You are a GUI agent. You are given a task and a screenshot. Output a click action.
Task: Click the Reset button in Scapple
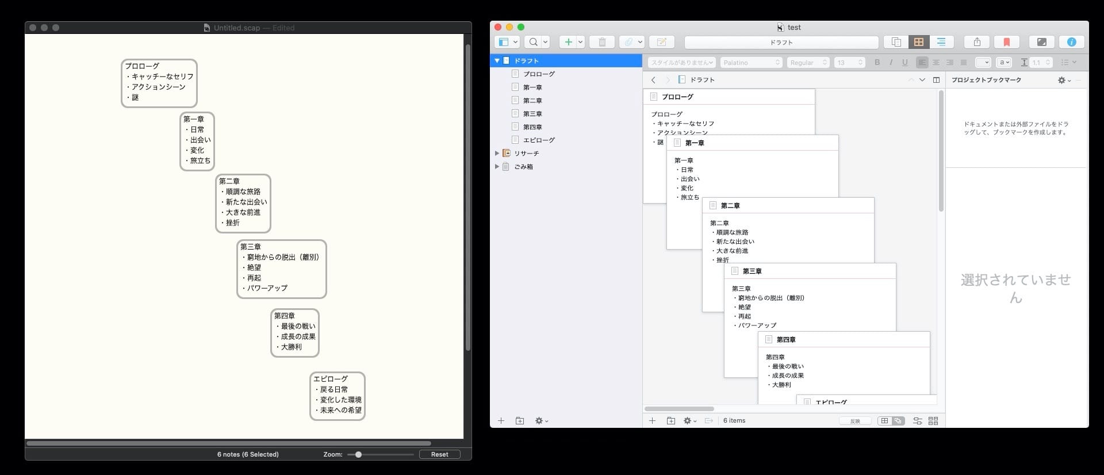pos(439,454)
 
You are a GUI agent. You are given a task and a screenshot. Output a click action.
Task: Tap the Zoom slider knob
pos(358,454)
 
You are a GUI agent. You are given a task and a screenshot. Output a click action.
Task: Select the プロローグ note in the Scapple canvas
pos(159,83)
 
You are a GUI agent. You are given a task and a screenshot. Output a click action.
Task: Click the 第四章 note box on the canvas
pos(294,332)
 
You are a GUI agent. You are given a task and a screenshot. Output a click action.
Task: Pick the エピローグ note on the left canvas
pos(337,396)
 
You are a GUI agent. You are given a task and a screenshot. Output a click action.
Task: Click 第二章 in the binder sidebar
pos(532,101)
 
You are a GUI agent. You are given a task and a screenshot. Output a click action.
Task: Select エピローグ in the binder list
pos(538,140)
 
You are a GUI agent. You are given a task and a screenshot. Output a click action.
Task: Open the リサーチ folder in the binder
pos(526,154)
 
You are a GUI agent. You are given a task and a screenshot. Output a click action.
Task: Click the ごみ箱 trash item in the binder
pos(523,167)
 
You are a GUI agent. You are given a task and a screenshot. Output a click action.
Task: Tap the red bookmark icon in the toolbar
pos(1006,42)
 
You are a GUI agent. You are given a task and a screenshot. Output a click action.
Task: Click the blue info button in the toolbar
pos(1071,42)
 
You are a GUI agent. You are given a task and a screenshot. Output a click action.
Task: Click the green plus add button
pos(568,42)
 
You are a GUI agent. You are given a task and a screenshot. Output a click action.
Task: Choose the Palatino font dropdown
pos(751,62)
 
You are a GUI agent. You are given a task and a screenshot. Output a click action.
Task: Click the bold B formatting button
pos(877,62)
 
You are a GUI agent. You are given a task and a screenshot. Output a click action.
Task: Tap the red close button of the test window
pos(498,27)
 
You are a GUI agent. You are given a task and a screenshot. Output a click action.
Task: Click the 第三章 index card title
pos(752,271)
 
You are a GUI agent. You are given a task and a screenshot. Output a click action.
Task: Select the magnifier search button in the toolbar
pos(534,42)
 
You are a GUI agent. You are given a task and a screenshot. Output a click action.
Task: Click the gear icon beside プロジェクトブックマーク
pos(1062,81)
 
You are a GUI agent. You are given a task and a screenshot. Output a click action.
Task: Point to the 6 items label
pos(734,420)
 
